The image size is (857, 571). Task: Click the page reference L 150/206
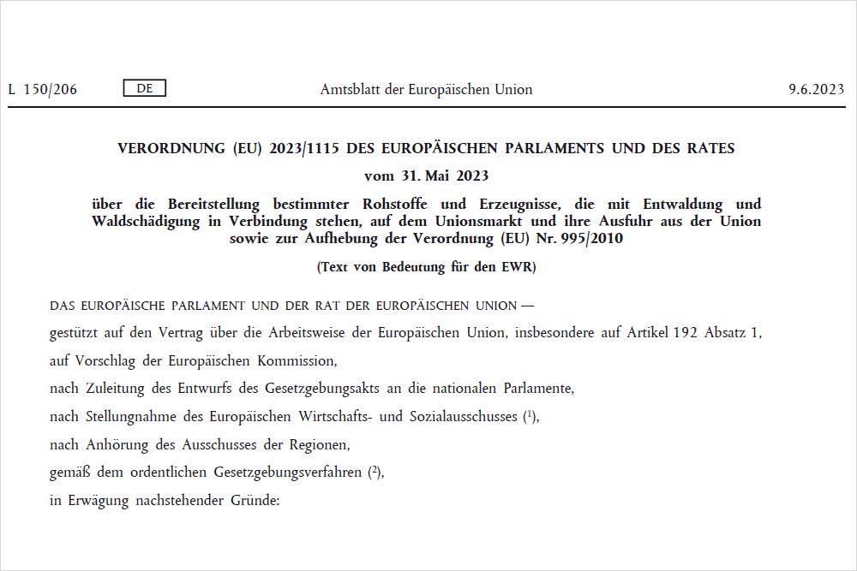click(42, 89)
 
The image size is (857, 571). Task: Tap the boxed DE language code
click(145, 88)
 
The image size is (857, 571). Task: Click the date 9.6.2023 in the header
click(816, 89)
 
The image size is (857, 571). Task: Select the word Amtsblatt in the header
click(351, 89)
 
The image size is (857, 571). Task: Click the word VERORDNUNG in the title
click(171, 148)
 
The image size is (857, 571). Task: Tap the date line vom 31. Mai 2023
click(426, 175)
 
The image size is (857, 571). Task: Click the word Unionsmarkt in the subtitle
click(476, 221)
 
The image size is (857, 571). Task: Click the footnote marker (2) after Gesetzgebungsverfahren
click(375, 472)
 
